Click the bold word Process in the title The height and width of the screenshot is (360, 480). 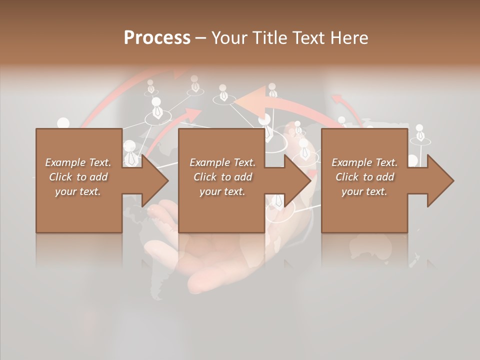coord(157,38)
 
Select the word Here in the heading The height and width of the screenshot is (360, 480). coord(349,38)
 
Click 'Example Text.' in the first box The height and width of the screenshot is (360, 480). coord(78,162)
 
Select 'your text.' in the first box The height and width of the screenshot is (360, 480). coord(78,191)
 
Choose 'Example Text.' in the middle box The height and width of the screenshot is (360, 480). coord(222,162)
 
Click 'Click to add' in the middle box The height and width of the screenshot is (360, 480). coord(222,177)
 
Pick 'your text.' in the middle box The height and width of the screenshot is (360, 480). coord(222,191)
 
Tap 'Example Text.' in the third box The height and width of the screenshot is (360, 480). coord(364,162)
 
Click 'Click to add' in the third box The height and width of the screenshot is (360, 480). coord(364,177)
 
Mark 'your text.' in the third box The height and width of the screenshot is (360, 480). coord(364,191)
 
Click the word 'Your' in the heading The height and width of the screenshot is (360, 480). coord(229,38)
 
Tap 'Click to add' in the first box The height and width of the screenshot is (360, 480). coord(78,177)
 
